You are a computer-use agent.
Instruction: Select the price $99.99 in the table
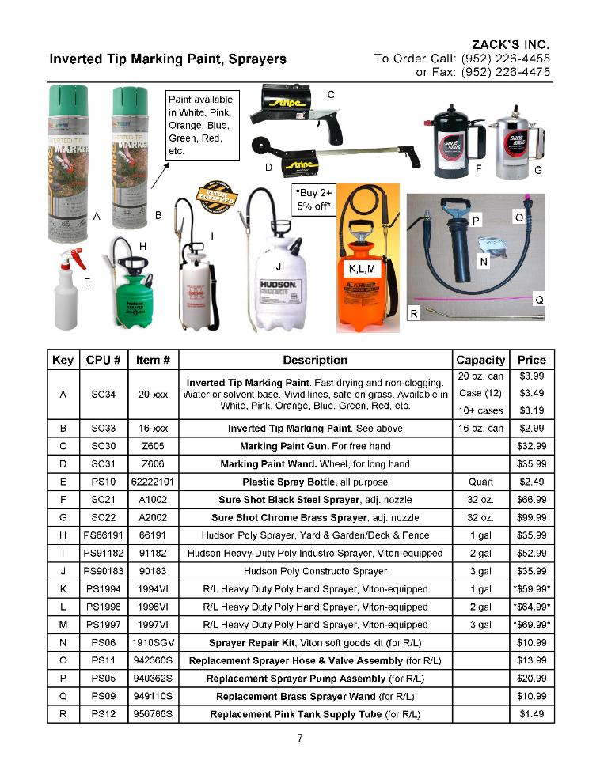click(531, 518)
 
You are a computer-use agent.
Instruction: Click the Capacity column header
click(480, 360)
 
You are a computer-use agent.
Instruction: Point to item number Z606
click(153, 464)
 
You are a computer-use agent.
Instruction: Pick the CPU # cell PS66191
click(104, 535)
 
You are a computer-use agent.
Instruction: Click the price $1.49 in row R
click(531, 714)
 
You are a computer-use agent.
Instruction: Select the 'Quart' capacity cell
click(480, 482)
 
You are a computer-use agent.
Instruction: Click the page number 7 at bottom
click(300, 739)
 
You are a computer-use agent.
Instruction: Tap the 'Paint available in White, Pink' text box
click(201, 125)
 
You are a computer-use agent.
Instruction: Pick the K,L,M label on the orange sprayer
click(365, 270)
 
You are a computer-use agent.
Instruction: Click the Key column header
click(63, 360)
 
